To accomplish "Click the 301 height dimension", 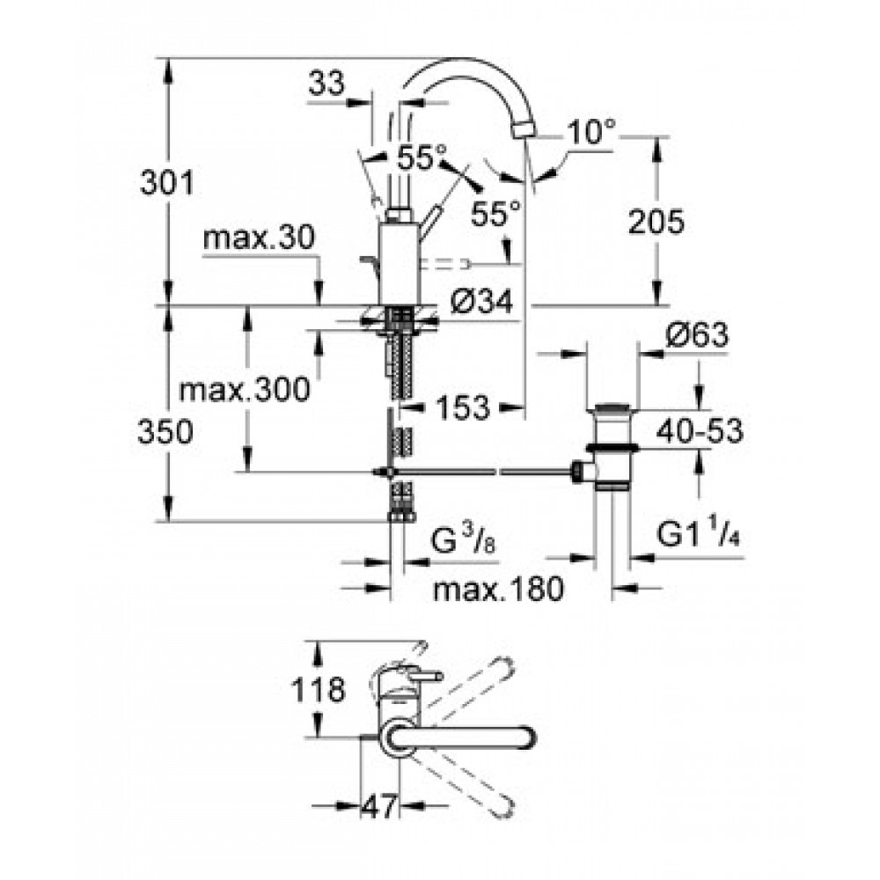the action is [166, 182].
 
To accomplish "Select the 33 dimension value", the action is [326, 84].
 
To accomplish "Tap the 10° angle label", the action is [591, 132].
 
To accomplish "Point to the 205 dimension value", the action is [656, 222].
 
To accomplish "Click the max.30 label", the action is [259, 238].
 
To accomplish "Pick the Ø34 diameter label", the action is [481, 303].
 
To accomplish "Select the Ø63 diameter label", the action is [697, 335].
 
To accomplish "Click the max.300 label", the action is [244, 389].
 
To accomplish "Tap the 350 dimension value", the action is [165, 432].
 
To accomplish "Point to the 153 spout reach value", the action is [463, 407].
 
